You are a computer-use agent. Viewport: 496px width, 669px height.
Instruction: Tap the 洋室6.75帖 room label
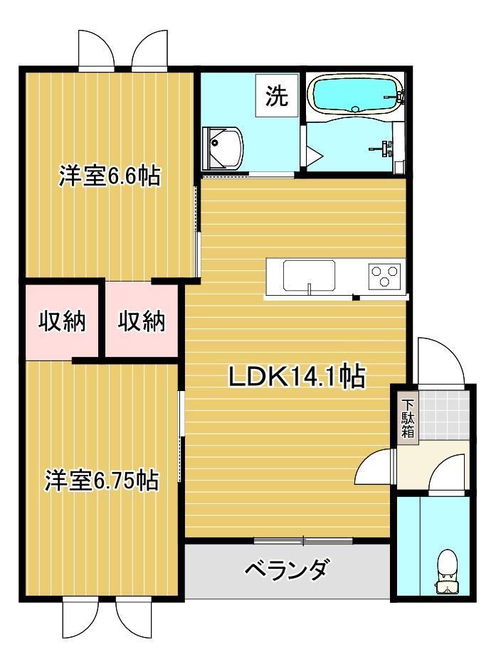click(101, 481)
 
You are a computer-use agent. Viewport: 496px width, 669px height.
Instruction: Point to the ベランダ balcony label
click(287, 570)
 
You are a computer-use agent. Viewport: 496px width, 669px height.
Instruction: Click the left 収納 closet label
click(62, 321)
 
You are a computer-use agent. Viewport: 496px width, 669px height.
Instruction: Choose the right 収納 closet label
click(142, 321)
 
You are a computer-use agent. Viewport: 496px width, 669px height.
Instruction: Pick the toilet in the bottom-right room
click(447, 571)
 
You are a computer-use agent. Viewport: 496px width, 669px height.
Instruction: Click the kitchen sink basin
click(309, 276)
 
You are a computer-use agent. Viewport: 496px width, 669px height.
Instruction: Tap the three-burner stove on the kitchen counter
click(384, 275)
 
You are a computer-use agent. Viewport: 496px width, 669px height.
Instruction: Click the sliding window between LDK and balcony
click(303, 541)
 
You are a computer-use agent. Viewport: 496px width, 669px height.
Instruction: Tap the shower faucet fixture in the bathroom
click(386, 147)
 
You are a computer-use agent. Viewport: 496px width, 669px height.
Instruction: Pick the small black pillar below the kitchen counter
click(354, 297)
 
